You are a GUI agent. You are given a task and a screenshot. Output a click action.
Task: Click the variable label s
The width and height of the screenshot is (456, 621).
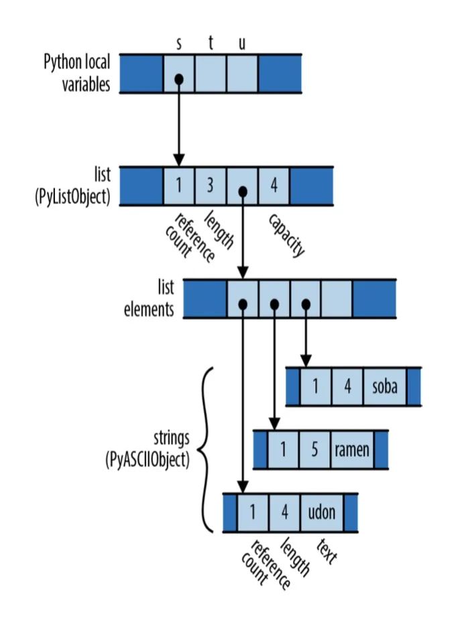coord(178,44)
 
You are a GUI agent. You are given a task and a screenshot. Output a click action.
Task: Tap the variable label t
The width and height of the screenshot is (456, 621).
coord(211,44)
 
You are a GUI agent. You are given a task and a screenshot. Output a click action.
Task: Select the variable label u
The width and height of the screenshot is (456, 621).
coord(242,44)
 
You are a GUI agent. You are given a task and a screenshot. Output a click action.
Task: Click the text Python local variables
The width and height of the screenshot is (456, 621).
coord(77,74)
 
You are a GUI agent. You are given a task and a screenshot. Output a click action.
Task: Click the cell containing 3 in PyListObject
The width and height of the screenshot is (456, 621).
coord(211,185)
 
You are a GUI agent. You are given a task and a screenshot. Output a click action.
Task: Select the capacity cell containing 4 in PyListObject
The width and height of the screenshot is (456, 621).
coord(274,185)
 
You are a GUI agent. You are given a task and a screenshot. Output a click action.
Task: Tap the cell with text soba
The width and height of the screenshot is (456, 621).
coord(384,386)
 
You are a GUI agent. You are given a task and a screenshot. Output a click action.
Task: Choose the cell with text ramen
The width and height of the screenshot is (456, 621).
coord(352,449)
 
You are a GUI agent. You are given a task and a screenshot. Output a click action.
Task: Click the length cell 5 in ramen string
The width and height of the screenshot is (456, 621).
coord(315,449)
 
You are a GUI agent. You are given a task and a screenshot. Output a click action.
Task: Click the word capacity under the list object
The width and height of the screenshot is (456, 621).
coord(287,235)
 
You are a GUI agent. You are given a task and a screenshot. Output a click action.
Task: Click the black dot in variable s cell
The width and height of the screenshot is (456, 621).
coord(178,79)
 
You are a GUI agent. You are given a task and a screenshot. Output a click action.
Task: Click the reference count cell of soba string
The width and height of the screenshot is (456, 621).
coord(315,386)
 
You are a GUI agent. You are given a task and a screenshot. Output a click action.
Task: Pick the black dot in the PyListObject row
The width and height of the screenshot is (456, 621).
coord(243,192)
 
